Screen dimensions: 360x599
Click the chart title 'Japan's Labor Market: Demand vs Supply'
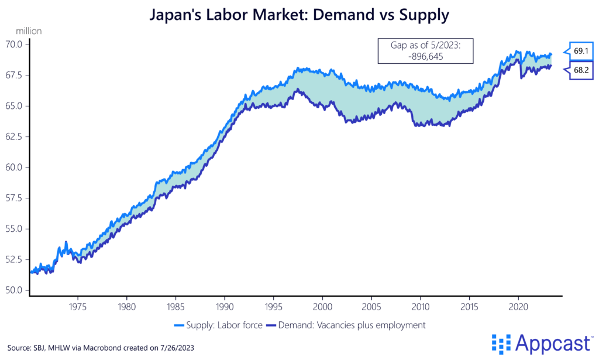pyautogui.click(x=299, y=15)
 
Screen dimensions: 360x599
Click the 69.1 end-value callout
pyautogui.click(x=580, y=52)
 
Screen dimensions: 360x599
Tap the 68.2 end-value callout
pyautogui.click(x=580, y=70)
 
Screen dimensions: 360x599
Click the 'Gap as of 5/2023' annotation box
pyautogui.click(x=425, y=50)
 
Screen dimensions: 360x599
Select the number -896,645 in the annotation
pyautogui.click(x=425, y=57)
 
